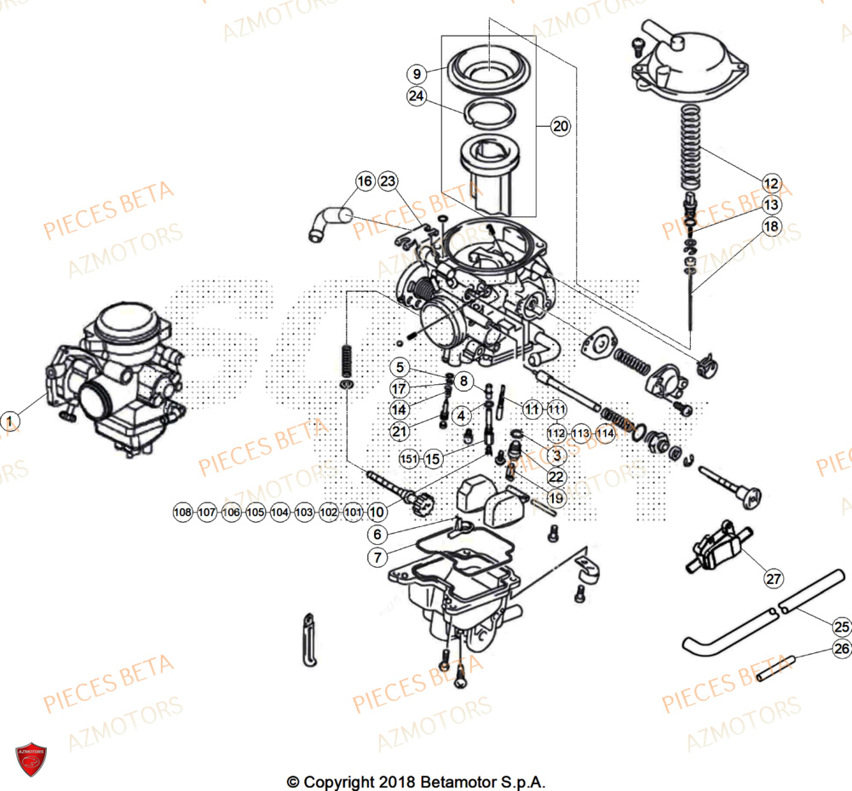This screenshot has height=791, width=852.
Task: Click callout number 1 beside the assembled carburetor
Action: tap(9, 421)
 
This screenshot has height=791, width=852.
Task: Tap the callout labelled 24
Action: tap(416, 97)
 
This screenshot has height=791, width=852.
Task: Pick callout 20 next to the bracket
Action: tap(560, 127)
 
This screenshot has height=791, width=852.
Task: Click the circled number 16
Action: tap(365, 181)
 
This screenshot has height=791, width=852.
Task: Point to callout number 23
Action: tap(389, 181)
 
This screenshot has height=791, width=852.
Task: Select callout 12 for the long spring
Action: tap(771, 183)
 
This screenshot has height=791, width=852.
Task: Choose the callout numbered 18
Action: tap(771, 227)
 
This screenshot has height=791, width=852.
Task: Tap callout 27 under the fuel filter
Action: tap(773, 579)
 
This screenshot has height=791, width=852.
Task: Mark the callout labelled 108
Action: tap(182, 513)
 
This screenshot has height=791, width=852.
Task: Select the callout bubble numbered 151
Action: tap(410, 459)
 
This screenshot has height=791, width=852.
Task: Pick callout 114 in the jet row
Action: tap(605, 433)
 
